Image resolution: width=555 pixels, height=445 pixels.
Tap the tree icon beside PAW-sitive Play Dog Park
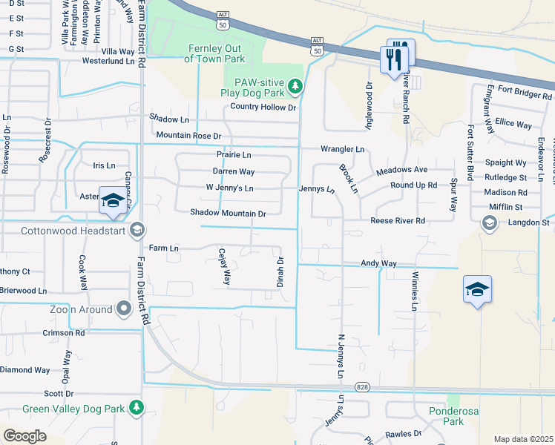pos(295,88)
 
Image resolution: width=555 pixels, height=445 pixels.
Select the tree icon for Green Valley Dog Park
pos(136,407)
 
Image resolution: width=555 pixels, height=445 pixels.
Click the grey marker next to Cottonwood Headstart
pos(136,230)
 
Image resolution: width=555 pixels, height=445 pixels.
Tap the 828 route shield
pos(361,387)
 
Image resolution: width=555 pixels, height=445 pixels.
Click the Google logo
pos(24,436)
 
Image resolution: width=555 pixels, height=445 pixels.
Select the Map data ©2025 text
pos(523,439)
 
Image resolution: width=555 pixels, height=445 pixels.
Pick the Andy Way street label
pos(378,263)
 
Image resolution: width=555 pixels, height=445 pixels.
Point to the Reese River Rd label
pos(398,221)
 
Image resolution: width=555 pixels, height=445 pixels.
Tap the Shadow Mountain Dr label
pos(228,213)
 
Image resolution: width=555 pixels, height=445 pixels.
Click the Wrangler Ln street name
pos(342,149)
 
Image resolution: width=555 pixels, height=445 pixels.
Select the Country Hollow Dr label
pos(263,108)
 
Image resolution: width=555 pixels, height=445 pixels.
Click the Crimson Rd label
pos(63,333)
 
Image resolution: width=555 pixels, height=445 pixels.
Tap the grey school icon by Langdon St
pos(489,222)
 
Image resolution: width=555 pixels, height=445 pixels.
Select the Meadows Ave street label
pos(401,171)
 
